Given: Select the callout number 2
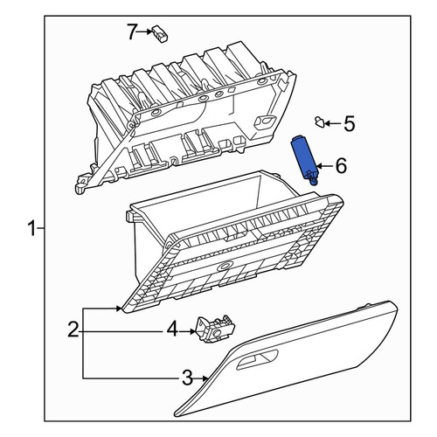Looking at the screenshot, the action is pyautogui.click(x=73, y=329).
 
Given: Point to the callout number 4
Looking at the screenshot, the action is pyautogui.click(x=172, y=329).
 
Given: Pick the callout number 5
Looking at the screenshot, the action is pyautogui.click(x=350, y=123).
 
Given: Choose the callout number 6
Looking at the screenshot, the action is pyautogui.click(x=341, y=166).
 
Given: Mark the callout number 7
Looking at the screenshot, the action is pyautogui.click(x=132, y=31).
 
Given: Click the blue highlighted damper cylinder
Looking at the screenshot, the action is pyautogui.click(x=305, y=159).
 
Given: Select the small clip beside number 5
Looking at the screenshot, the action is pyautogui.click(x=320, y=121).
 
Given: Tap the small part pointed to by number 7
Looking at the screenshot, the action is pyautogui.click(x=160, y=33).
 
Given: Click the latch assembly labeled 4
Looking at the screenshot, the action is pyautogui.click(x=216, y=329).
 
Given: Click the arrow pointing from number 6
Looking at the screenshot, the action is pyautogui.click(x=325, y=166).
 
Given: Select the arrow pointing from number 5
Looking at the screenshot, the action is pyautogui.click(x=334, y=124).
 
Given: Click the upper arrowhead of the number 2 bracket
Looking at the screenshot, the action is pyautogui.click(x=118, y=309).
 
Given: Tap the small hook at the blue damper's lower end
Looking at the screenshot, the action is pyautogui.click(x=313, y=181).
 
